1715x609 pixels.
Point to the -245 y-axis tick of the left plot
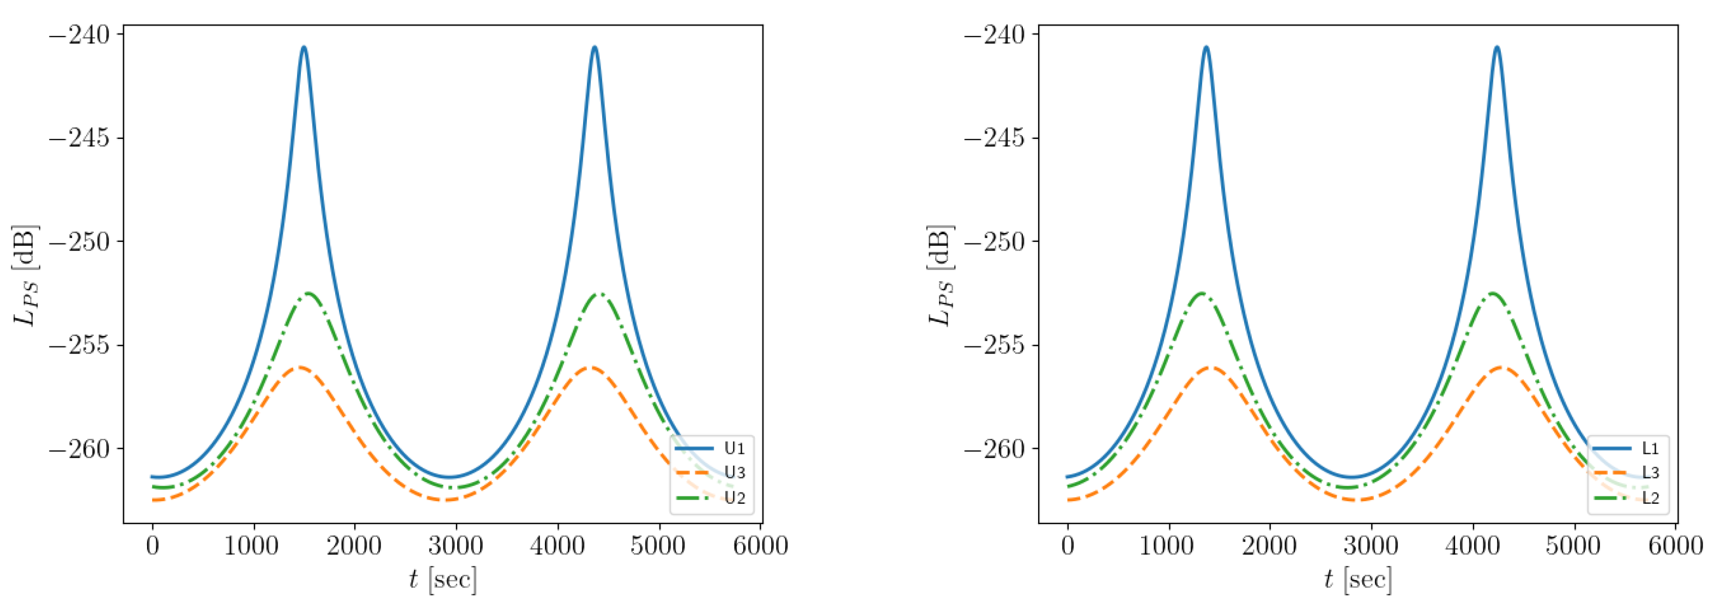(x=78, y=138)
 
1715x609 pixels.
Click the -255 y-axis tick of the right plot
(x=994, y=345)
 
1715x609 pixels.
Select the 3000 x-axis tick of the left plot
(x=456, y=546)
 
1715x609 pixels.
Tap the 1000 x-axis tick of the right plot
(x=1169, y=546)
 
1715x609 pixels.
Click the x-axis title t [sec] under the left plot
(x=443, y=580)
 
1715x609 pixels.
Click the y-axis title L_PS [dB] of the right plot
(x=940, y=275)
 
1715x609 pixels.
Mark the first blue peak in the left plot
(x=304, y=47)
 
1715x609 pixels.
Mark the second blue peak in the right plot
(x=1498, y=47)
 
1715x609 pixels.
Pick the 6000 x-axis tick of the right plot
(x=1676, y=546)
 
